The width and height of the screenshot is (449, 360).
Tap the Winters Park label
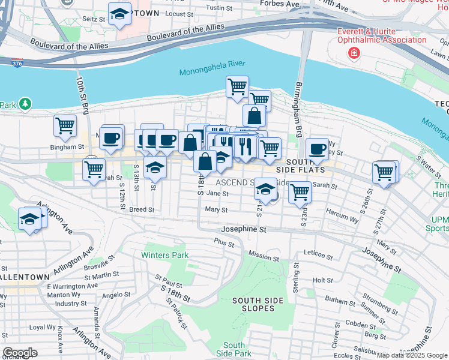(164, 254)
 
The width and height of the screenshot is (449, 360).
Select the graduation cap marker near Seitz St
(119, 14)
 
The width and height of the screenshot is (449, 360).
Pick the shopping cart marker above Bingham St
(65, 126)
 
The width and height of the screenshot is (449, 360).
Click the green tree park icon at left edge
(25, 104)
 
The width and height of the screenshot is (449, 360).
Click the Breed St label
(142, 210)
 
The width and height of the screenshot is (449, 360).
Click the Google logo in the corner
(20, 352)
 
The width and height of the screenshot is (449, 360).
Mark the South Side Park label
(234, 349)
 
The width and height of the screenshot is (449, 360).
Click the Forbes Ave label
(279, 4)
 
